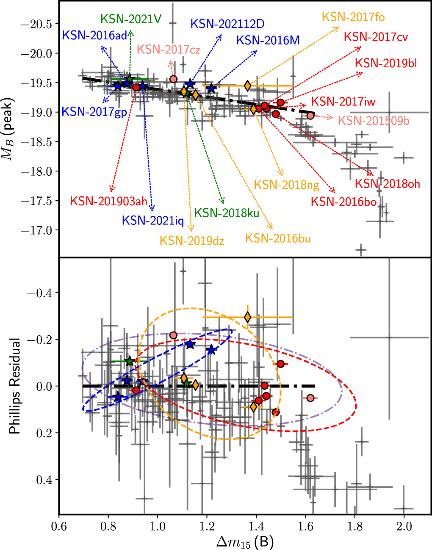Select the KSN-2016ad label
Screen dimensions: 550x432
[94, 36]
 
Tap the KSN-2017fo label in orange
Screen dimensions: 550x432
[353, 17]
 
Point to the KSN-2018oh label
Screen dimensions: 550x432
[387, 183]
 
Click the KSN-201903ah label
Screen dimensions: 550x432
[108, 201]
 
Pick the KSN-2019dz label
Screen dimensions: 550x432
[192, 241]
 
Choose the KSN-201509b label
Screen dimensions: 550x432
[374, 121]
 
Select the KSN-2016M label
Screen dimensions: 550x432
[268, 40]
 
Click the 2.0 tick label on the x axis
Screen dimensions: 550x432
[404, 526]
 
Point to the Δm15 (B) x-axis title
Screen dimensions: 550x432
[244, 541]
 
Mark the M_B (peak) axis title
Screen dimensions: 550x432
[10, 128]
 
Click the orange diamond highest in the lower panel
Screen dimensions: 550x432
[248, 317]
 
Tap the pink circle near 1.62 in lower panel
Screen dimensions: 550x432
[310, 398]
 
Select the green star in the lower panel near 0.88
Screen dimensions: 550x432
[130, 362]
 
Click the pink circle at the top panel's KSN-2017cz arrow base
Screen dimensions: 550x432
[173, 79]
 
